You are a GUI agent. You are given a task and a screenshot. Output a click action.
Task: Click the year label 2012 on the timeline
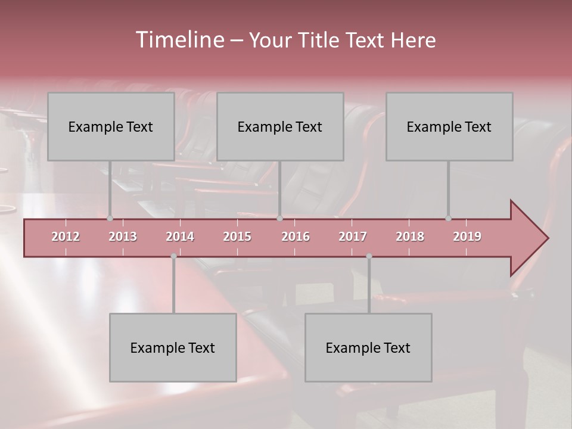(66, 237)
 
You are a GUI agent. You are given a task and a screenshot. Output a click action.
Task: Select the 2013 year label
(123, 237)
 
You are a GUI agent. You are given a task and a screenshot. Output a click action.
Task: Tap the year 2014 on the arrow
(180, 237)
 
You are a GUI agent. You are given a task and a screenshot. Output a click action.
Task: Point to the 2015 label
(237, 237)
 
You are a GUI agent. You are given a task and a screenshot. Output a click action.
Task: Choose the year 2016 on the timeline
(296, 237)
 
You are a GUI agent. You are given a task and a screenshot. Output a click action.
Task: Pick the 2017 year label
(353, 237)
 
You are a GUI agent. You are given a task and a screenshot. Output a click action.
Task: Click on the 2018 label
(410, 237)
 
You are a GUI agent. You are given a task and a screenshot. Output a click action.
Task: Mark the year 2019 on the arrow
(467, 237)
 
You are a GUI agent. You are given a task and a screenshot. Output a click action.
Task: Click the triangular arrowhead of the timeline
(527, 238)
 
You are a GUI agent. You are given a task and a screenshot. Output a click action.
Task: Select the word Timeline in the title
(179, 40)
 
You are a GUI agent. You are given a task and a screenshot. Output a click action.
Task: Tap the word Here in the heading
(413, 41)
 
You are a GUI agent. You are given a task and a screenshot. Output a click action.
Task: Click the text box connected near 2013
(111, 126)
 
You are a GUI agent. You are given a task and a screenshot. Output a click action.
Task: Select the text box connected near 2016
(280, 126)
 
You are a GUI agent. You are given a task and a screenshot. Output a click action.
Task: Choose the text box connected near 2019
(449, 126)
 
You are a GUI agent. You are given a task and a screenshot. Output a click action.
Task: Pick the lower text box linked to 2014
(173, 347)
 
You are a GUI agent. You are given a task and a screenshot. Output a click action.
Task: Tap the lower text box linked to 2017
(368, 347)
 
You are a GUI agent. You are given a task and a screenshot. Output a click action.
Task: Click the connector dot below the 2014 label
(173, 256)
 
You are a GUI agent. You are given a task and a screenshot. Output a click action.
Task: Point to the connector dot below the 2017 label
(369, 256)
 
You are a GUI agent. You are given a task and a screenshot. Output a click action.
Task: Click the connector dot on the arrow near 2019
(448, 219)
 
